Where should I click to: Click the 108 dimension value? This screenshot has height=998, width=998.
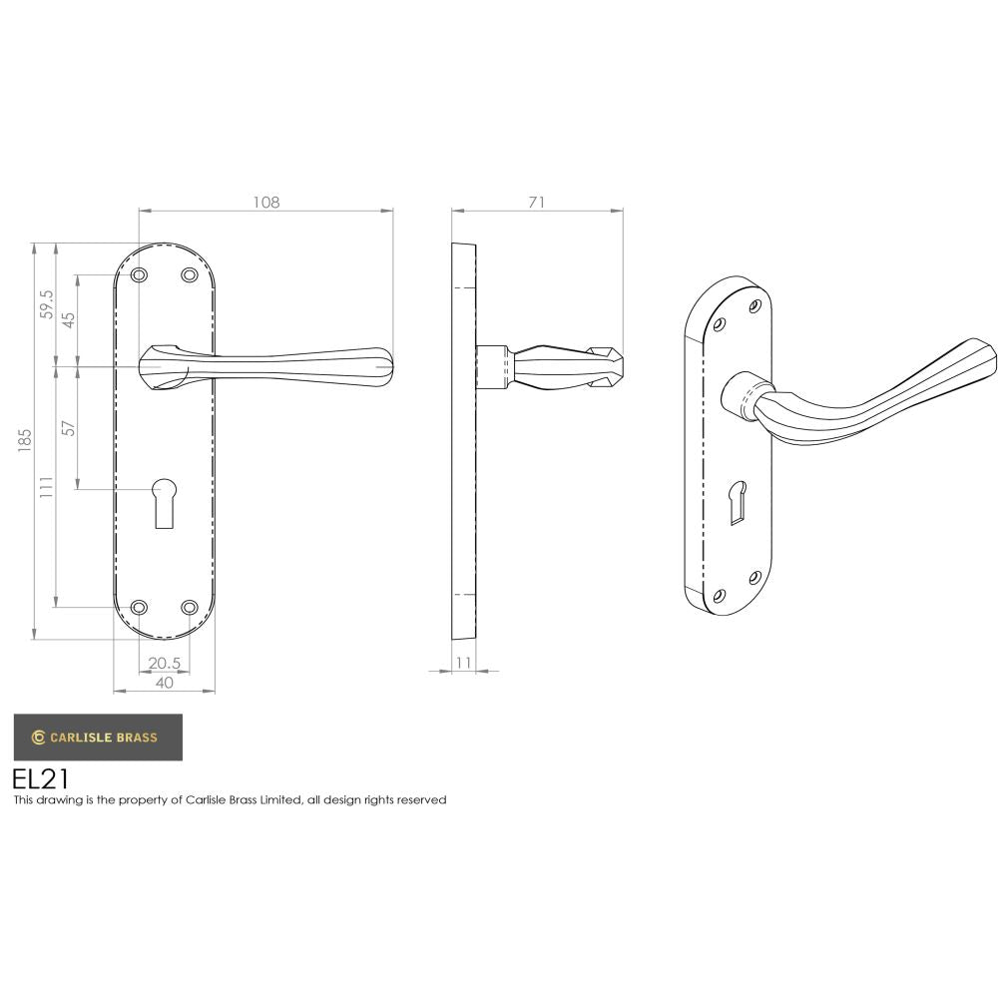coord(265,202)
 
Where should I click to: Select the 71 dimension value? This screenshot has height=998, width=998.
coord(537,202)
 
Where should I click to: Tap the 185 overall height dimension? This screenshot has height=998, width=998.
coord(26,439)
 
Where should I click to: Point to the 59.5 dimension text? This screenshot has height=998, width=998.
coord(46,304)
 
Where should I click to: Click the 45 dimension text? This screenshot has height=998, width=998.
coord(69,319)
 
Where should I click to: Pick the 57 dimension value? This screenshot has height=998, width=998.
coord(69,428)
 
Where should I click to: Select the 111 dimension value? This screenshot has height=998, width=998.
coord(46,486)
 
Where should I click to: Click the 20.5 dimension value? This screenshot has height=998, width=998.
coord(164,663)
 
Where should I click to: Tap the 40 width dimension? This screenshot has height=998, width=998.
coord(165,683)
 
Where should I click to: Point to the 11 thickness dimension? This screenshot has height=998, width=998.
coord(463,663)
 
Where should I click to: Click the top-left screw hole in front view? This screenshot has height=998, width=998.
coord(140,274)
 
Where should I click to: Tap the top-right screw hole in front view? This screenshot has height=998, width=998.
coord(189,274)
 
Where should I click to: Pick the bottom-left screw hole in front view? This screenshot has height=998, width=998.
coord(140,607)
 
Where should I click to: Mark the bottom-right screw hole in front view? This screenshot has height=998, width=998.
coord(189,607)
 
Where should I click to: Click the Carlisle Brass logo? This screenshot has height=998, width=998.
coord(97,738)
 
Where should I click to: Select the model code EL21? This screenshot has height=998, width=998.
coord(41,777)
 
